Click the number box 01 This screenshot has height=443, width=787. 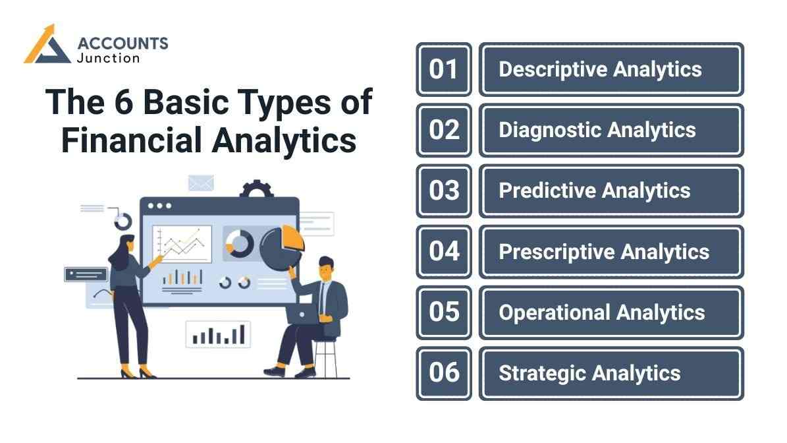(x=443, y=69)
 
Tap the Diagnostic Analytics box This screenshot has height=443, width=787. (x=611, y=130)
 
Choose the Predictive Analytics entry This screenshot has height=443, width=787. (x=611, y=191)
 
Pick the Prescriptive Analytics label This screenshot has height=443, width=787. (x=611, y=251)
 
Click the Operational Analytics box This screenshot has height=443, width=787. (x=611, y=312)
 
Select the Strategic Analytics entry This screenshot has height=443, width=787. (x=611, y=373)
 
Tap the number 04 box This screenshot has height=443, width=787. (x=443, y=251)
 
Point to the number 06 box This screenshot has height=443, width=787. (x=443, y=373)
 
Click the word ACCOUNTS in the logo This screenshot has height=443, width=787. (x=122, y=44)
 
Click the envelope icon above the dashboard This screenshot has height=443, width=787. (x=200, y=183)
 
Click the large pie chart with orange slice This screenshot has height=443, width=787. (x=281, y=248)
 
